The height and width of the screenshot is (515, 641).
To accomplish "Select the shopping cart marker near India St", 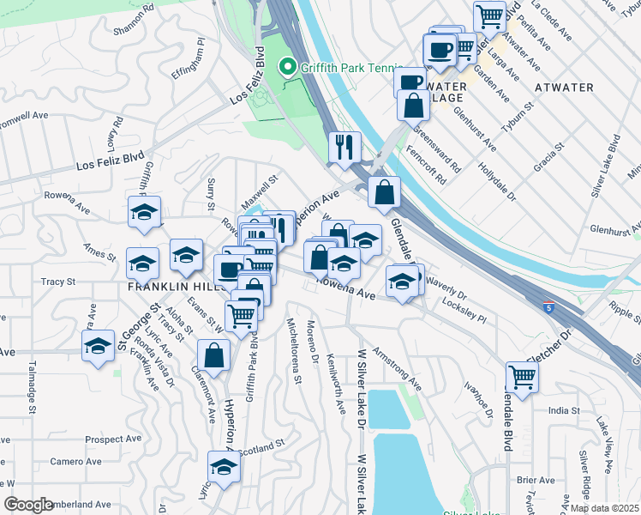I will (521, 376).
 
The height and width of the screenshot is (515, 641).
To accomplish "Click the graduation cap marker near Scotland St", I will (224, 467).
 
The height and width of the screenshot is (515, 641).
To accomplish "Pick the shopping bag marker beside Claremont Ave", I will (213, 355).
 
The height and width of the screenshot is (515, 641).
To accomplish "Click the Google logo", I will (28, 505).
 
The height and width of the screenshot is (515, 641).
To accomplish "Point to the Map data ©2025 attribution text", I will (604, 508).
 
